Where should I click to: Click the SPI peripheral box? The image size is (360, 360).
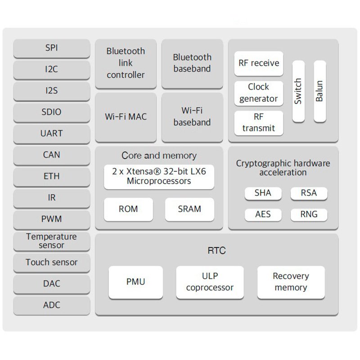coord(51,48)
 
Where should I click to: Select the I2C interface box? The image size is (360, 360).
coord(51,69)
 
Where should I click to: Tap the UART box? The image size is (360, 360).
coord(51,133)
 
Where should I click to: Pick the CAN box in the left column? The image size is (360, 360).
coord(51,155)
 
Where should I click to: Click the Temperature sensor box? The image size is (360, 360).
coord(51,241)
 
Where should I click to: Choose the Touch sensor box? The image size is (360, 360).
coord(51,262)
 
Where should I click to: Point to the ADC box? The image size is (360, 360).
coord(51,305)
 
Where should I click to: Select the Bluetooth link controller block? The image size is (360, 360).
coord(126,63)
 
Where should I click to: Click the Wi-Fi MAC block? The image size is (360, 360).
coord(126,117)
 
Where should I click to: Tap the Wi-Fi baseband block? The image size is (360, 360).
coord(192,117)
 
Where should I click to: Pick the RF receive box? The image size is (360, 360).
coord(259,63)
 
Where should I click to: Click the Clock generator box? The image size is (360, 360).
coord(259,93)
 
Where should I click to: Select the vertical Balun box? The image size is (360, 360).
coord(319,91)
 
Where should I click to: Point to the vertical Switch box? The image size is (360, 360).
coord(298,91)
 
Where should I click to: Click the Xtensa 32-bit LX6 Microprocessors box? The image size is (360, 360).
coord(159,176)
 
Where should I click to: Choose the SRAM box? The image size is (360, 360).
coord(189,209)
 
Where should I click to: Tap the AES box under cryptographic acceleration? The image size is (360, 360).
coord(263,214)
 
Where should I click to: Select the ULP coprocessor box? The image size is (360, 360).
coord(210,282)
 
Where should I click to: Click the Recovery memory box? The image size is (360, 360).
coord(291,282)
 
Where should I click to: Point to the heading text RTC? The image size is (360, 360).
coord(216,251)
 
